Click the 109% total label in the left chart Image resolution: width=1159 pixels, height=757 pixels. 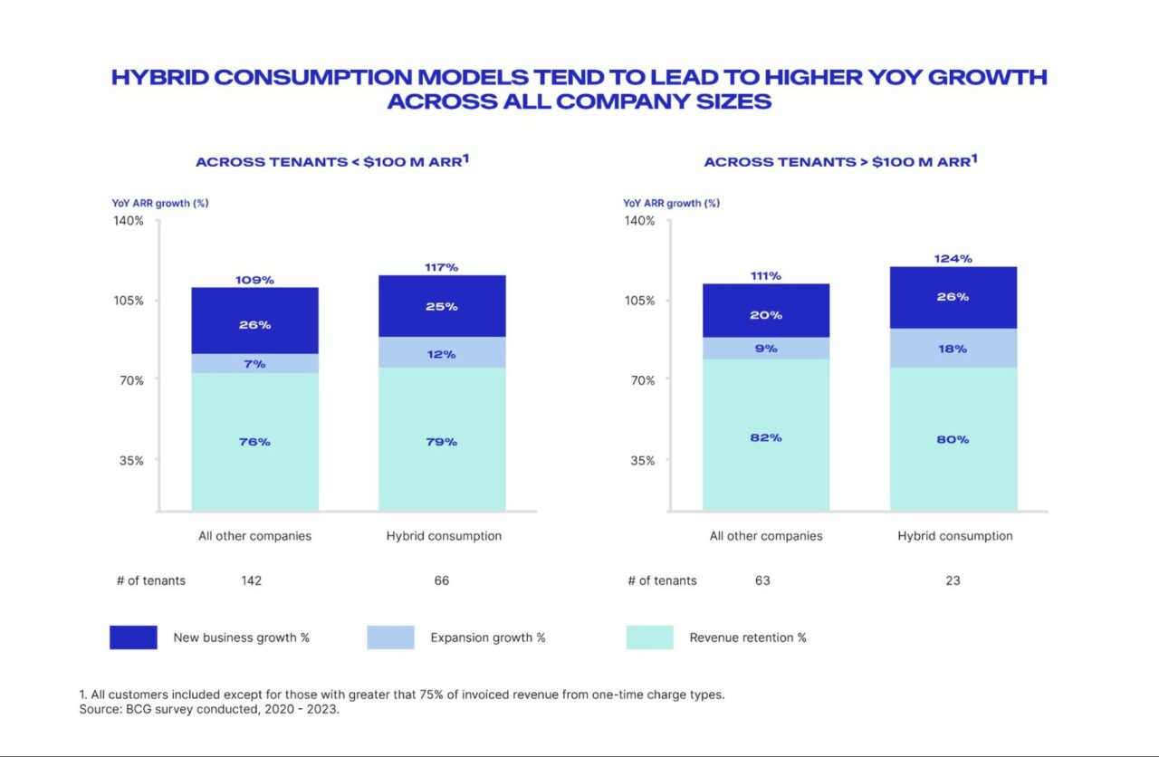point(254,280)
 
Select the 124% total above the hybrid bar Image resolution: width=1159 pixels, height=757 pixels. point(953,259)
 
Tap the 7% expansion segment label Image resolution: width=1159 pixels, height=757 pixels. point(254,364)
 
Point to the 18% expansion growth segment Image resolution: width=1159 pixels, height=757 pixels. point(953,349)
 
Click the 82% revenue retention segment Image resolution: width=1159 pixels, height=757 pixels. point(766,437)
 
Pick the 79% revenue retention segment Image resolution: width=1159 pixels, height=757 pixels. point(442,442)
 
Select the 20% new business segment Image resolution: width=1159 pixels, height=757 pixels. point(766,315)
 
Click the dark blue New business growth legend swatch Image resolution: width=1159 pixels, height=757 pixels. point(133,637)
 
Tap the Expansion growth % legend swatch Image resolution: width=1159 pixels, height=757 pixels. point(390,637)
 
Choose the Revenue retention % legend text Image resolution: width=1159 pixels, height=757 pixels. point(748,637)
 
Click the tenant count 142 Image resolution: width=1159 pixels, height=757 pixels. point(252,580)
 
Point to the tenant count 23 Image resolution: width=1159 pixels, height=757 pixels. point(953,580)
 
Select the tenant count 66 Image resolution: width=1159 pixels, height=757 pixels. point(442,580)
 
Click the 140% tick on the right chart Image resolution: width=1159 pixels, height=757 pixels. point(640,221)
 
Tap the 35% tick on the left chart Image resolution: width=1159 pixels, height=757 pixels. point(129,460)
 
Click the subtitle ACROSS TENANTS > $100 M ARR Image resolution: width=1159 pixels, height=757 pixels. point(840,162)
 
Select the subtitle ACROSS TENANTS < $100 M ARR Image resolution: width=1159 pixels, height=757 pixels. point(331,162)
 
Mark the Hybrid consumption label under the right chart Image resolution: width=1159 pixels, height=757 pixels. point(955,536)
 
